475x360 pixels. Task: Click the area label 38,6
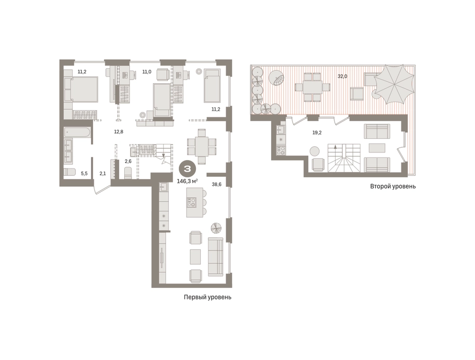pyautogui.click(x=216, y=184)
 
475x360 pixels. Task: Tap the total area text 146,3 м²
pyautogui.click(x=187, y=181)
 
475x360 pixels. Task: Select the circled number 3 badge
pyautogui.click(x=187, y=169)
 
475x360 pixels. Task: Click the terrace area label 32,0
pyautogui.click(x=342, y=76)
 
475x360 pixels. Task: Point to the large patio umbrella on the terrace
pyautogui.click(x=393, y=84)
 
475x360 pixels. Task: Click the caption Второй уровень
pyautogui.click(x=392, y=186)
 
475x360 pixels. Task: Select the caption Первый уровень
pyautogui.click(x=207, y=297)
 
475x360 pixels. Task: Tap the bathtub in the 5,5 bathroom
pyautogui.click(x=77, y=133)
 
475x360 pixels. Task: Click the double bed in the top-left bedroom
pyautogui.click(x=81, y=89)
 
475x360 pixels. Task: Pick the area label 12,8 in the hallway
pyautogui.click(x=118, y=132)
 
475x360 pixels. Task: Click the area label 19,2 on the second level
pyautogui.click(x=317, y=133)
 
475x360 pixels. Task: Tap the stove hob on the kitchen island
pyautogui.click(x=192, y=202)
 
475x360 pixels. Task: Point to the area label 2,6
pyautogui.click(x=128, y=161)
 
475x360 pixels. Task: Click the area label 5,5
pyautogui.click(x=84, y=173)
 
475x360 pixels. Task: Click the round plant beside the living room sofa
pyautogui.click(x=216, y=228)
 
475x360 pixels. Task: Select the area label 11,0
pyautogui.click(x=147, y=72)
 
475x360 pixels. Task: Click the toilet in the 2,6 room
pyautogui.click(x=128, y=173)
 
